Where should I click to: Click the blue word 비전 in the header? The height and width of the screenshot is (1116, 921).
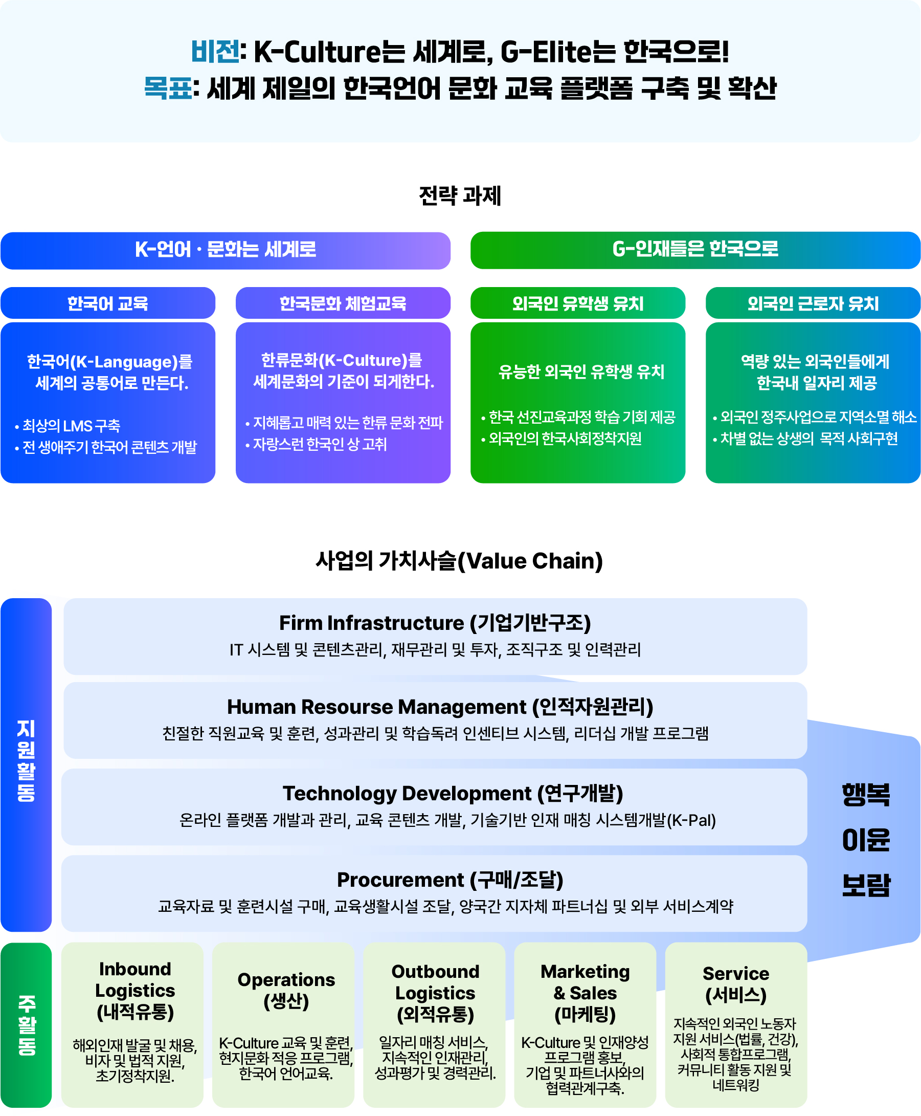(x=215, y=52)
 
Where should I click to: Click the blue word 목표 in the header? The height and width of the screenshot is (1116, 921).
(x=168, y=88)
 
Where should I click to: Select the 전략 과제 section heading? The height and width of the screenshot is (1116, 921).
(x=459, y=196)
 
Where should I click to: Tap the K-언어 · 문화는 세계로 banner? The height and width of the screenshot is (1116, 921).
(x=226, y=250)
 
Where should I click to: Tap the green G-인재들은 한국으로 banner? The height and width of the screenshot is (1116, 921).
(x=695, y=250)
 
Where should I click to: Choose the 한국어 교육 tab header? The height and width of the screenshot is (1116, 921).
(x=108, y=303)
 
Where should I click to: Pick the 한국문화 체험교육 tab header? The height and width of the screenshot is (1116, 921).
(x=343, y=303)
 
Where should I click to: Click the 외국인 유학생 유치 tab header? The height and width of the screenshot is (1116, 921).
(x=578, y=303)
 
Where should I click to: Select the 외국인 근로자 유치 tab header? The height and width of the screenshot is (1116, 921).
(x=813, y=303)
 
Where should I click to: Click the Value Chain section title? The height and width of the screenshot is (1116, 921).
(x=459, y=561)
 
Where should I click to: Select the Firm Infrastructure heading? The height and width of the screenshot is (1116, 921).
(x=435, y=623)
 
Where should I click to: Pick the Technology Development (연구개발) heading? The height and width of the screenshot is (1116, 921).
(x=453, y=794)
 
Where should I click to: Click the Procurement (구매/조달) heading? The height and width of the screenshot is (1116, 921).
(x=450, y=880)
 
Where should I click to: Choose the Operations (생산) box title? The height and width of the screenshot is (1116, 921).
(x=286, y=990)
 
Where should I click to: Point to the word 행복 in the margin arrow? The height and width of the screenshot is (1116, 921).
(x=866, y=795)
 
